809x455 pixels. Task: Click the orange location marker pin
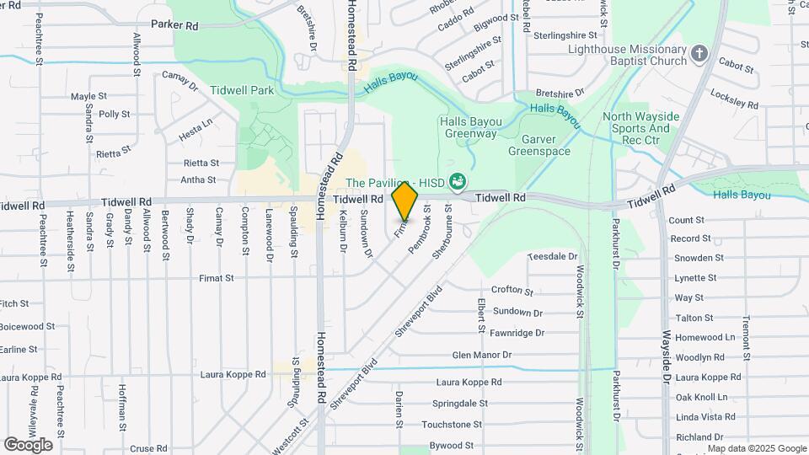click(405, 199)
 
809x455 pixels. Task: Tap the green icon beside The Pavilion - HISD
click(458, 180)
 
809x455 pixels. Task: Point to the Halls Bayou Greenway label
click(469, 127)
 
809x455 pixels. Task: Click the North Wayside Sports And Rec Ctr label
click(636, 128)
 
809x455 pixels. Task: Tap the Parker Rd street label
click(174, 25)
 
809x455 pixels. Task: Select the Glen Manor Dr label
click(482, 356)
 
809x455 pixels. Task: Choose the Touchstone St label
click(452, 425)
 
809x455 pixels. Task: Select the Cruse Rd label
click(148, 449)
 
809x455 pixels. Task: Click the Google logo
click(28, 444)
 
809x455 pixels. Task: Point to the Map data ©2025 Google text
click(758, 448)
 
